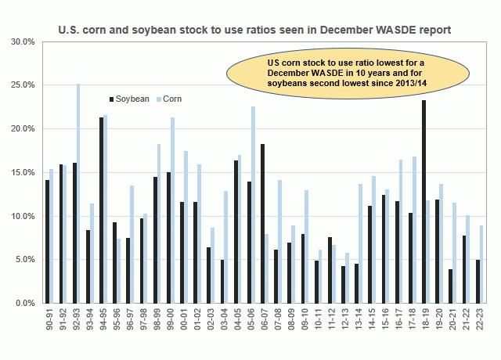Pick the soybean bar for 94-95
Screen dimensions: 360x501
click(x=101, y=210)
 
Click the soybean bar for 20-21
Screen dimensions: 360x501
click(x=452, y=286)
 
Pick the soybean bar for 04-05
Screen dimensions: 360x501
click(x=236, y=232)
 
